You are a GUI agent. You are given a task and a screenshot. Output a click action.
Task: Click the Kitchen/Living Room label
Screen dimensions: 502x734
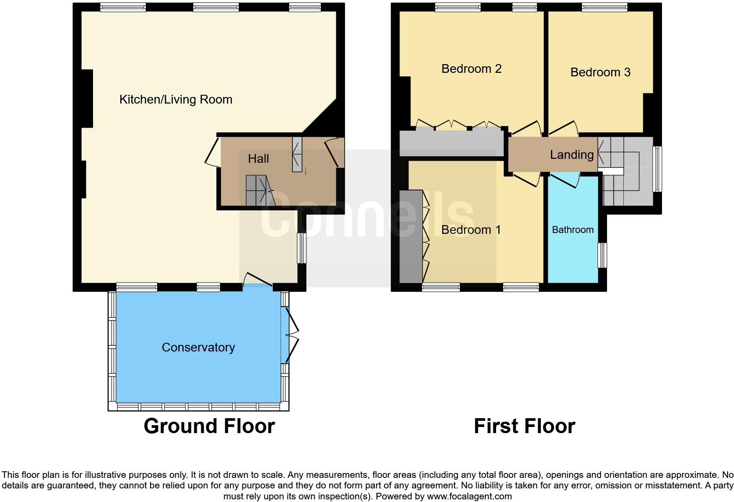(x=176, y=100)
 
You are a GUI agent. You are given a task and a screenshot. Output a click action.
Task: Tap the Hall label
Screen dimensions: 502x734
(x=258, y=159)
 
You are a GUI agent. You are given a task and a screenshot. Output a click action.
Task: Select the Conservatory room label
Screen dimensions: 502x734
(x=198, y=348)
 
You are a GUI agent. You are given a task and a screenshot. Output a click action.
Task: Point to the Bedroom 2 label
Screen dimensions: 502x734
(x=471, y=69)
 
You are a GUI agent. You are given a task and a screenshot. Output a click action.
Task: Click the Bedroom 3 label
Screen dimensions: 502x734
(x=600, y=72)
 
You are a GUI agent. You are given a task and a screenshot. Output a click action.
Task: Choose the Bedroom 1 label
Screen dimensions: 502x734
(x=471, y=230)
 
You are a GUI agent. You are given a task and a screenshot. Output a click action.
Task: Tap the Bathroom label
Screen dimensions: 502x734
(x=572, y=230)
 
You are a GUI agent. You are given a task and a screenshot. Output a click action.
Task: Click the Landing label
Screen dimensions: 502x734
(x=572, y=155)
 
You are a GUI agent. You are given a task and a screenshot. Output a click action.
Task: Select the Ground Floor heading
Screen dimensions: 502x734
(x=209, y=427)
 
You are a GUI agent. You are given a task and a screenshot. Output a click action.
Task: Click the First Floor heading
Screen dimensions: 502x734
(x=524, y=427)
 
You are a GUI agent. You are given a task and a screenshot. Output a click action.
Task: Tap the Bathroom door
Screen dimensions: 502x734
(x=564, y=180)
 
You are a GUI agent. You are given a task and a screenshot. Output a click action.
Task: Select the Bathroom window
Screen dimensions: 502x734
(x=603, y=255)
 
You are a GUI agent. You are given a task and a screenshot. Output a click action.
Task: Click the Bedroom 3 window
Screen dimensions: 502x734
(x=604, y=7)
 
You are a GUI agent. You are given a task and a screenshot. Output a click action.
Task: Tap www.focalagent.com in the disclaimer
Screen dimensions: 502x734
(x=469, y=497)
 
